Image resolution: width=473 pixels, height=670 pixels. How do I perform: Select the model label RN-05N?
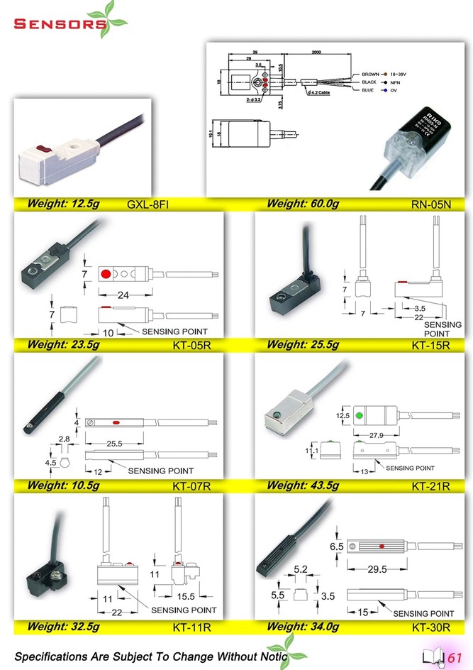(x=431, y=205)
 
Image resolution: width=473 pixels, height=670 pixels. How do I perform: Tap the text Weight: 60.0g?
(x=303, y=204)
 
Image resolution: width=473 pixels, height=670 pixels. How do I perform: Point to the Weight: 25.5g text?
(x=303, y=345)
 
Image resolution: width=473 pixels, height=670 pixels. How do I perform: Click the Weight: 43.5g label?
(x=303, y=485)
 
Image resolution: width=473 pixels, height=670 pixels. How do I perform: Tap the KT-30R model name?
(x=431, y=627)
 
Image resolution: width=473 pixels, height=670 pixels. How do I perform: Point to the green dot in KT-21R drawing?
(x=360, y=414)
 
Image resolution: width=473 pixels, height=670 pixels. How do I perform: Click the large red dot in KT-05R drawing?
(x=106, y=274)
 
